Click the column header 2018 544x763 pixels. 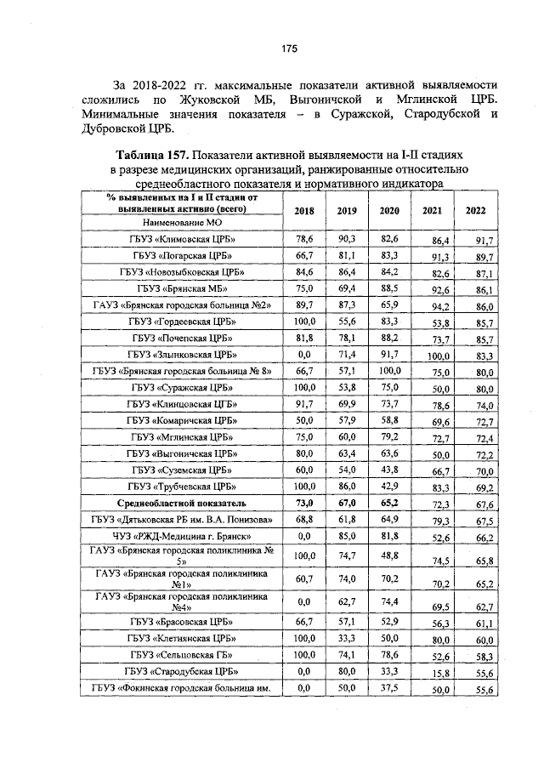point(304,210)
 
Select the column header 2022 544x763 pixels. point(477,210)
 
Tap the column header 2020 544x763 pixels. point(389,210)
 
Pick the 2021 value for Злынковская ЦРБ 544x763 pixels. point(439,356)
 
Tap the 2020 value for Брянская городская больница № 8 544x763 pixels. point(389,371)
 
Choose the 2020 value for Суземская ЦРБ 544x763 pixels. point(389,470)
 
